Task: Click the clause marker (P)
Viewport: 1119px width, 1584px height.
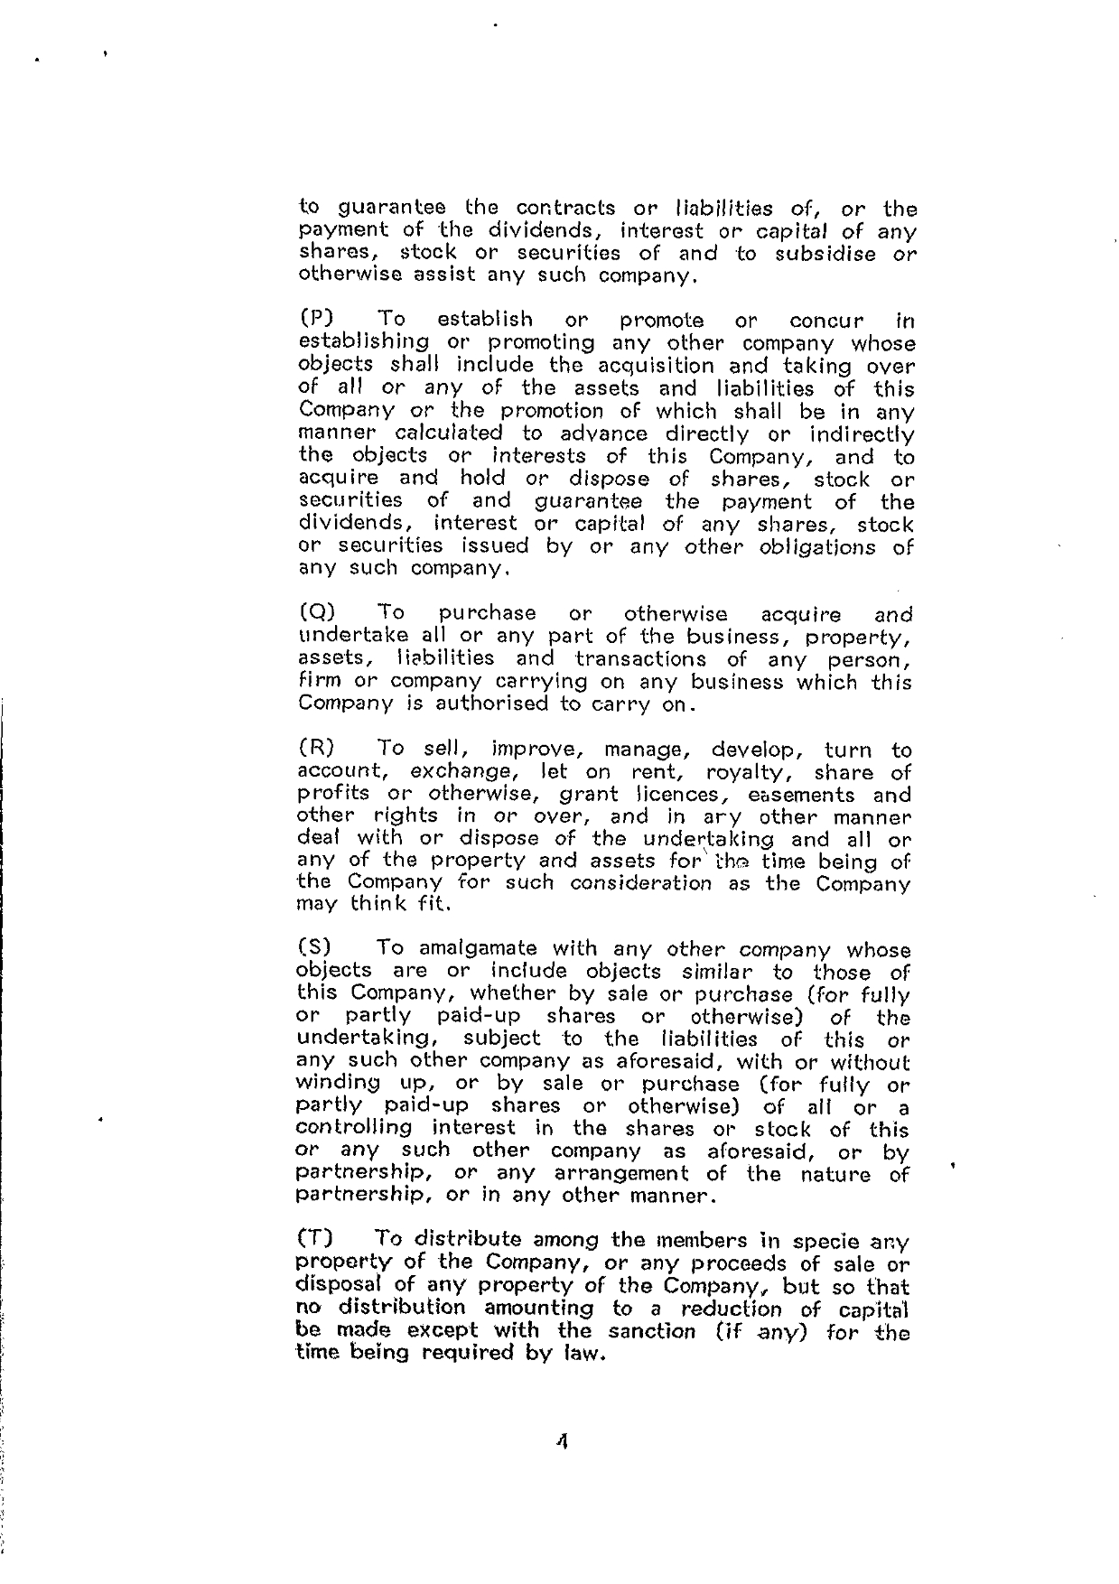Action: click(315, 320)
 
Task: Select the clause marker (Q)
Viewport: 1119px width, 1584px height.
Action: click(315, 615)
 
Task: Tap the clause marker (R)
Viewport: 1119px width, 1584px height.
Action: click(315, 750)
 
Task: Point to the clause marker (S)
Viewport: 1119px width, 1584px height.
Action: click(314, 949)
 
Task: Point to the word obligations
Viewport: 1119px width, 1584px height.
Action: click(823, 546)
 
